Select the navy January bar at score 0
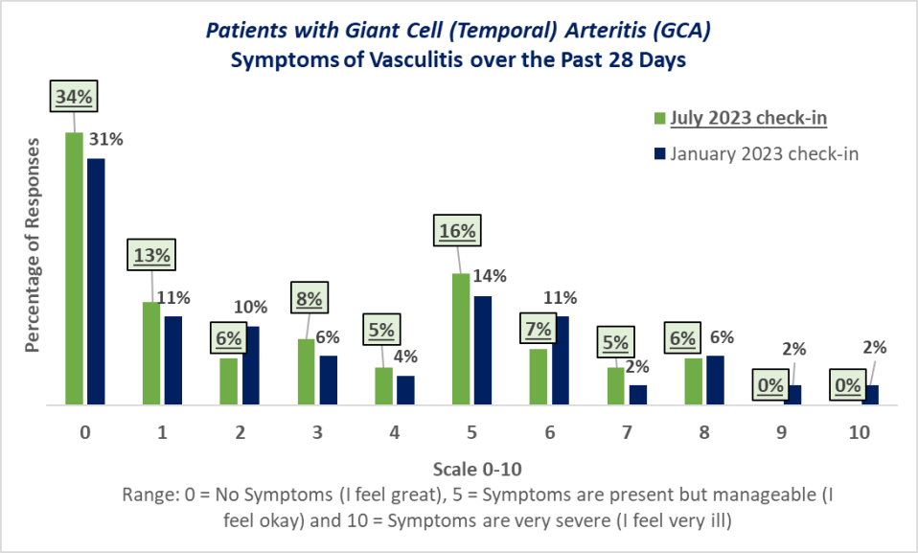[x=96, y=282]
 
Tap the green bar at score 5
[x=461, y=339]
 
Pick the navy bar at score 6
[x=560, y=360]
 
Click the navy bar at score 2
[x=250, y=365]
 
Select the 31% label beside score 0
[x=106, y=139]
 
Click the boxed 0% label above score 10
[x=848, y=384]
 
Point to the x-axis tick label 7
[x=627, y=432]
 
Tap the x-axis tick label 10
[x=860, y=432]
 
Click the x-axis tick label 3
[x=317, y=432]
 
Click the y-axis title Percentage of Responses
[x=34, y=245]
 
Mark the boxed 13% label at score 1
[x=151, y=255]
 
